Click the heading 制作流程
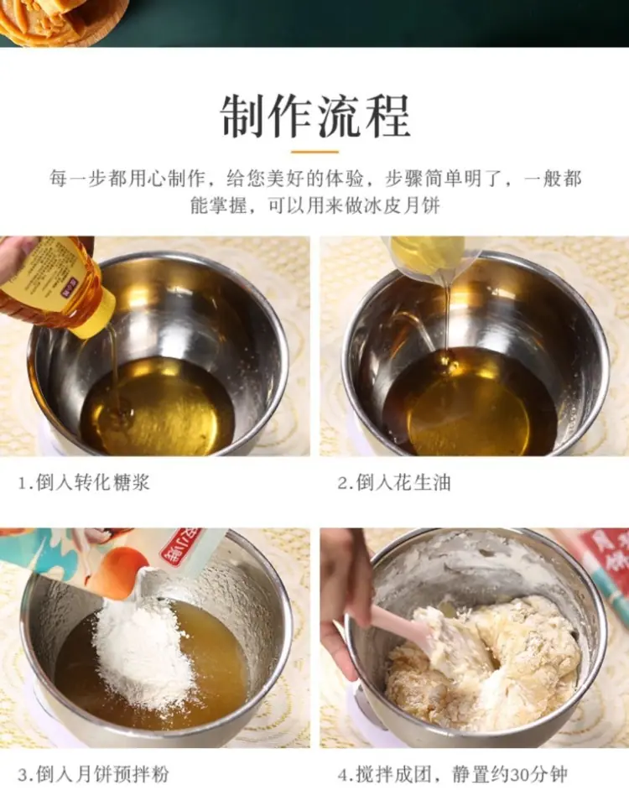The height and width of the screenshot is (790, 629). pos(315,117)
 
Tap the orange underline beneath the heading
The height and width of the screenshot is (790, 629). pos(314,151)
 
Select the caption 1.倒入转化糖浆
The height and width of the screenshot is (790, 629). pos(84,482)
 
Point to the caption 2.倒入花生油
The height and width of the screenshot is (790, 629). pos(393,482)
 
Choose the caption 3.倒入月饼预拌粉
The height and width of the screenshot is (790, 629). pos(93,773)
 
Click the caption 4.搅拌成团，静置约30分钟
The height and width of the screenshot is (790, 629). pos(452,773)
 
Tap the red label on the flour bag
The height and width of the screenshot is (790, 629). pos(180,548)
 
